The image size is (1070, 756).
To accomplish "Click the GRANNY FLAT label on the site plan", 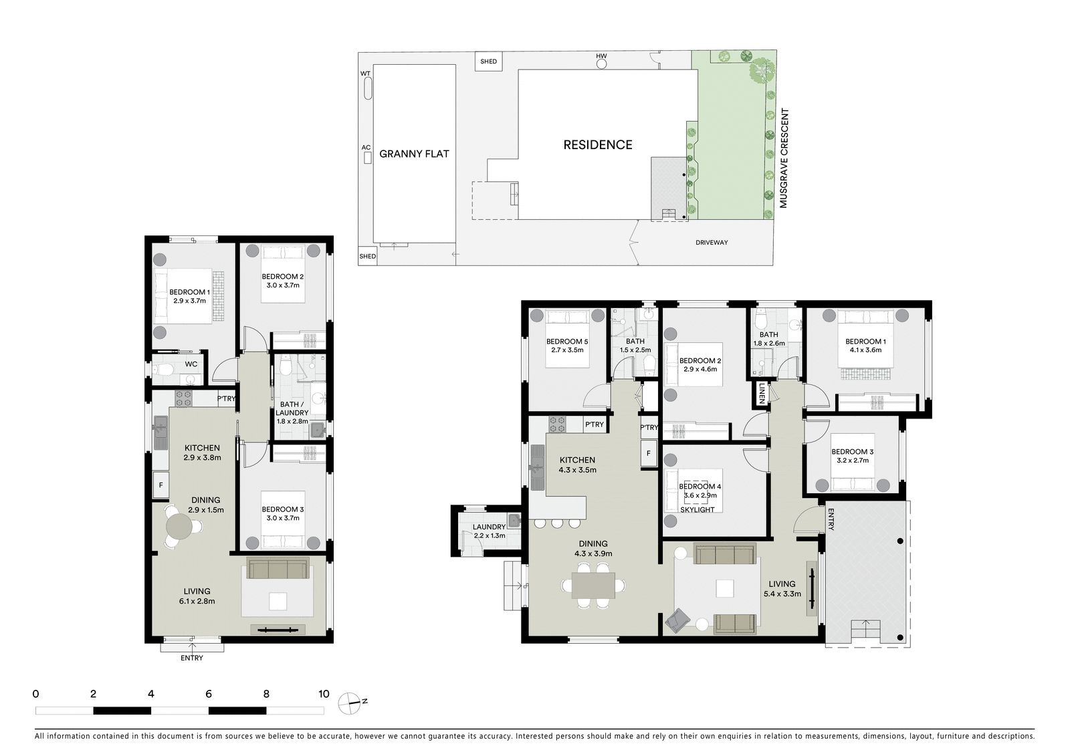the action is click(414, 154).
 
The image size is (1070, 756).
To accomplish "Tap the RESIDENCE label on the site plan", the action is click(598, 144).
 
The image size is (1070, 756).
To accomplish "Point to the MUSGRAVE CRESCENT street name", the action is click(783, 158).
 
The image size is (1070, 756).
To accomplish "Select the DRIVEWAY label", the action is click(712, 243).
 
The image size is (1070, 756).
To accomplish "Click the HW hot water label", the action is click(601, 56).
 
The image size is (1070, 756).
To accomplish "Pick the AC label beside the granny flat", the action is click(366, 148).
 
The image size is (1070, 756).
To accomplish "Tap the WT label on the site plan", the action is click(365, 74).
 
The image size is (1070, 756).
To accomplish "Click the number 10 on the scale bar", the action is click(324, 694).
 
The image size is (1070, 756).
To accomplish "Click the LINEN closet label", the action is click(762, 394).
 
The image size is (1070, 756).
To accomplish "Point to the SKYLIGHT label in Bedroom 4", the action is click(697, 509).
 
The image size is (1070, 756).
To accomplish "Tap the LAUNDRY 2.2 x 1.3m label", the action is click(489, 531).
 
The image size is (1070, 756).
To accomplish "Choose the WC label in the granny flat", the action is click(191, 364).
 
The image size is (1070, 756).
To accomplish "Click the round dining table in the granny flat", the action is click(180, 526).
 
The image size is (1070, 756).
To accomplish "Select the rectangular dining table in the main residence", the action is click(593, 585).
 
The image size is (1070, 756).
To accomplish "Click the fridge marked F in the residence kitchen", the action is click(648, 453).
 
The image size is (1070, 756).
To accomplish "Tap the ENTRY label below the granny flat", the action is click(191, 658).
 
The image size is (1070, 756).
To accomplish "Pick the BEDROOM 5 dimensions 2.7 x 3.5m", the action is click(567, 350).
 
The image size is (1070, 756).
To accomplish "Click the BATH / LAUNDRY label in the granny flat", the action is click(292, 409).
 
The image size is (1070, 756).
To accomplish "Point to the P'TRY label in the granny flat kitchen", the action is click(227, 398).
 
